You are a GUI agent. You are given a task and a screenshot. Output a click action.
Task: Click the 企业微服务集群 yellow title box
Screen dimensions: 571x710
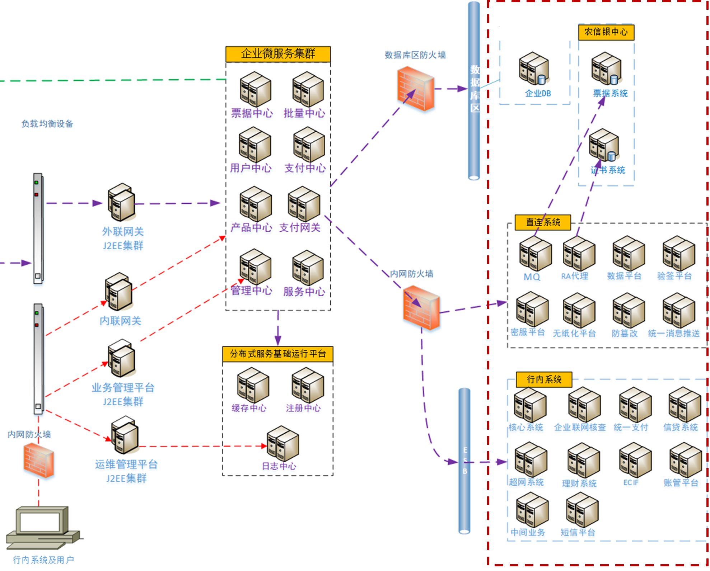click(278, 54)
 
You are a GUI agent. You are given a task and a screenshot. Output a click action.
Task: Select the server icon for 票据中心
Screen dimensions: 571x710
click(255, 89)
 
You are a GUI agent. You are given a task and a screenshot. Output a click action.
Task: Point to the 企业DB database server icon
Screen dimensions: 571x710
click(534, 69)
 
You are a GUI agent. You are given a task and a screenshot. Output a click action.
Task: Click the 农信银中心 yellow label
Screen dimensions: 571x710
click(606, 32)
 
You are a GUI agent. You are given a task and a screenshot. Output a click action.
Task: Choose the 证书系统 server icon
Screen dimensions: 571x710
click(604, 145)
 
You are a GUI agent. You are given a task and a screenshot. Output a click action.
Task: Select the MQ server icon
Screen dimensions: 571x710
click(535, 254)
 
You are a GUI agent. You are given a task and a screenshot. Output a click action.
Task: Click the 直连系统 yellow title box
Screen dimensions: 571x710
click(543, 222)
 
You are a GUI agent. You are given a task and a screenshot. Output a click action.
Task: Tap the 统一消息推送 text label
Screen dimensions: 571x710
click(674, 334)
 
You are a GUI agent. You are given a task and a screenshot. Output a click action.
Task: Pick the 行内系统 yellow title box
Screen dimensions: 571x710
click(544, 379)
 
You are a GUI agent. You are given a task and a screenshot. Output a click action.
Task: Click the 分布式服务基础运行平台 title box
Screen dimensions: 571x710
click(278, 354)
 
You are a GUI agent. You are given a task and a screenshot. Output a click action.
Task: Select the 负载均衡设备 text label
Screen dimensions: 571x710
click(47, 124)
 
